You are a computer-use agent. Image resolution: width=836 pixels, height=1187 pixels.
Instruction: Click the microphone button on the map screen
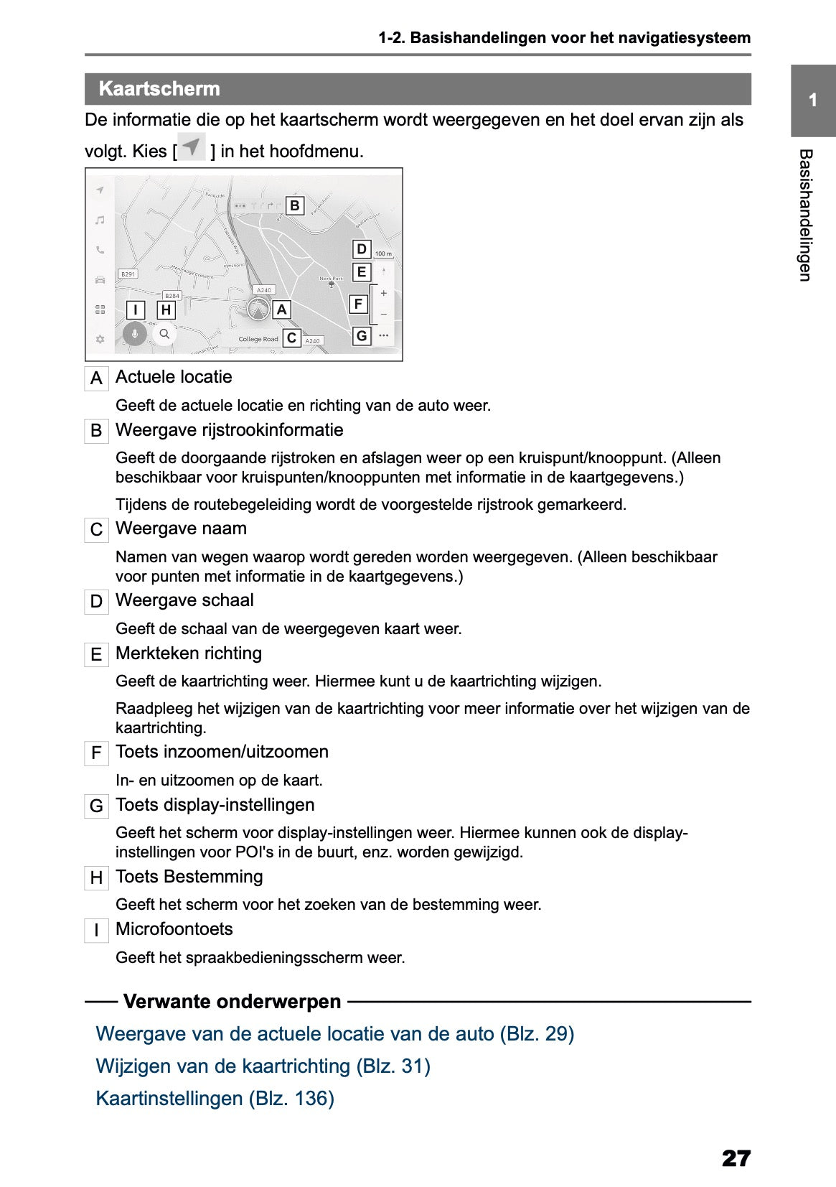134,334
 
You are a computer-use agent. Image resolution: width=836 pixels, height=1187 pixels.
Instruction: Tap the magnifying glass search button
164,334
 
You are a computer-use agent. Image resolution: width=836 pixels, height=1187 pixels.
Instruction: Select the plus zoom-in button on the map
384,293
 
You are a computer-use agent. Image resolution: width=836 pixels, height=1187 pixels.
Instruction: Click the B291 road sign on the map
128,274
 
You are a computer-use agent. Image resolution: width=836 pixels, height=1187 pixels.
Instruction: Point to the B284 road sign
172,295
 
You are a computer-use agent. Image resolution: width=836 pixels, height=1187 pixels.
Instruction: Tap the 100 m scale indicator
384,253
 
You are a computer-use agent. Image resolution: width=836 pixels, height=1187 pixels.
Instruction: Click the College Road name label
258,339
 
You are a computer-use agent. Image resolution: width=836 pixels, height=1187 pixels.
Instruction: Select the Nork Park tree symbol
331,284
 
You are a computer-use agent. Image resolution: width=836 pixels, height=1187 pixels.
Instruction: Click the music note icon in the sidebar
100,220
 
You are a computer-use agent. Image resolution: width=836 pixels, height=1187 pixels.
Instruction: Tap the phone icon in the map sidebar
100,250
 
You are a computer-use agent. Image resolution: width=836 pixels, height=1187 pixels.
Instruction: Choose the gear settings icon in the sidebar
100,339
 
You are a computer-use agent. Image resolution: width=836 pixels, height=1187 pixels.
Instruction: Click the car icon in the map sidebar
100,279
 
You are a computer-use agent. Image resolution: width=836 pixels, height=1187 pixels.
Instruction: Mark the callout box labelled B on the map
294,206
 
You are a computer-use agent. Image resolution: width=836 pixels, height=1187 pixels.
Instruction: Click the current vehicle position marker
258,309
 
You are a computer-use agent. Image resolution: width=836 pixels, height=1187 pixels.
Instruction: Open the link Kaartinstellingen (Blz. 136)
215,1099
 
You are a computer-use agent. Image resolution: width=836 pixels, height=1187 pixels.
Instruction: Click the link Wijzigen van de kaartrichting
263,1066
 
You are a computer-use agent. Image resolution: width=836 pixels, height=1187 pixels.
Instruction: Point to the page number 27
736,1158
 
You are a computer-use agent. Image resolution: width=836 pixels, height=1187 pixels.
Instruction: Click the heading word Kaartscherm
159,89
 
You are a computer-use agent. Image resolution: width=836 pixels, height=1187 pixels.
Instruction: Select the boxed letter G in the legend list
96,806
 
